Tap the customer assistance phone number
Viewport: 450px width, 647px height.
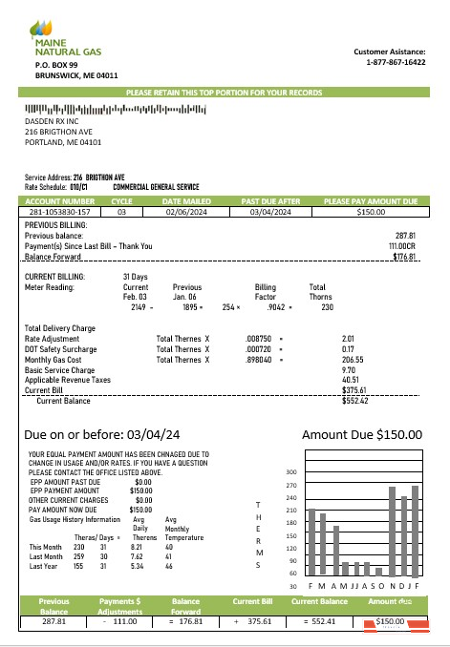click(x=396, y=62)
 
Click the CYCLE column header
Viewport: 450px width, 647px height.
click(x=122, y=201)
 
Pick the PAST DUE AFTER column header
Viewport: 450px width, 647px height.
click(x=270, y=201)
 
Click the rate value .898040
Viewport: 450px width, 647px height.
click(x=259, y=359)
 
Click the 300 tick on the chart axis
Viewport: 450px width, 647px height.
click(x=291, y=472)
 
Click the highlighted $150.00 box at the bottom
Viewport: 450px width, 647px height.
click(x=391, y=621)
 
